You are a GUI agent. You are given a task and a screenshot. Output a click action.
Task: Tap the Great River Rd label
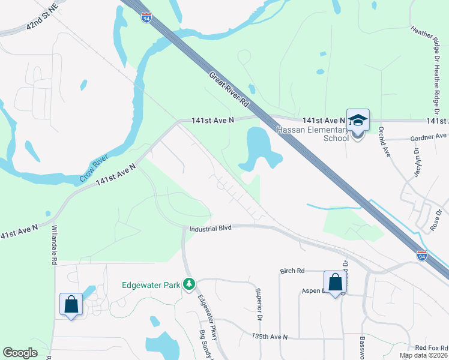click(x=229, y=90)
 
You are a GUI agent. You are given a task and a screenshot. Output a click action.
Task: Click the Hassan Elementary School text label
click(x=312, y=134)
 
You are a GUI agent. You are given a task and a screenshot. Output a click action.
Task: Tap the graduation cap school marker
click(x=358, y=121)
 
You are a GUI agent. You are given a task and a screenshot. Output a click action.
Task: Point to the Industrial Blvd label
click(x=210, y=229)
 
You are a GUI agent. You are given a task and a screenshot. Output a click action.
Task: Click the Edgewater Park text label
click(x=151, y=285)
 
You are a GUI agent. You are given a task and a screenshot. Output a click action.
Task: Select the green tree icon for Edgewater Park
click(x=189, y=283)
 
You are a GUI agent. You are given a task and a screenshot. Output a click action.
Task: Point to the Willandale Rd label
click(x=53, y=245)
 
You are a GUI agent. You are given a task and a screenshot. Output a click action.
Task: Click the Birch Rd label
click(x=293, y=271)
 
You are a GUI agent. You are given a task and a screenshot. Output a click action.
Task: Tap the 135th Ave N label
click(x=270, y=337)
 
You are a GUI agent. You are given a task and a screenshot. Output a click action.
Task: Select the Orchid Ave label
click(x=384, y=143)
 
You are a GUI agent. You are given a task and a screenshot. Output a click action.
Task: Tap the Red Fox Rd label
click(x=432, y=348)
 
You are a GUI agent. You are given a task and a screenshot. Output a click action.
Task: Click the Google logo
click(x=20, y=353)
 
